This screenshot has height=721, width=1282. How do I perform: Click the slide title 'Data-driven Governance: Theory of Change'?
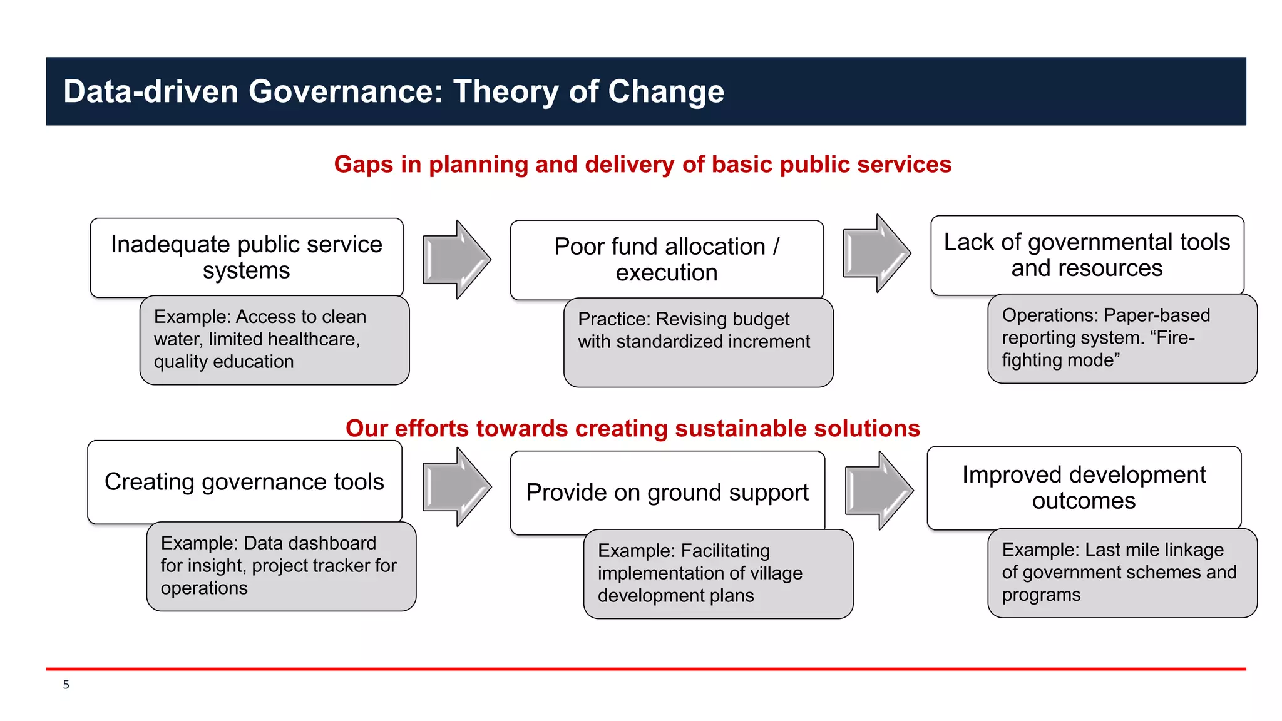coord(394,91)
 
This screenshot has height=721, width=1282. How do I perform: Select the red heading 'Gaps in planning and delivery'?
coord(642,165)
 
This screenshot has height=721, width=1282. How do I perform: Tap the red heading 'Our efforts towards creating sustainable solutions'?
coord(632,429)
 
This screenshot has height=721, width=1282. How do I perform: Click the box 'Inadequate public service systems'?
coord(247,257)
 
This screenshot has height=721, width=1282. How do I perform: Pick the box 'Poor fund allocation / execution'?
coord(667,259)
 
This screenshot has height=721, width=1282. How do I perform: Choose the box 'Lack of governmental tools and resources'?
coord(1087,255)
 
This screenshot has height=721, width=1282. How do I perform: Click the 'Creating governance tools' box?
coord(244,482)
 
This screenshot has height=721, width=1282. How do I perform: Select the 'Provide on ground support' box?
coord(667,493)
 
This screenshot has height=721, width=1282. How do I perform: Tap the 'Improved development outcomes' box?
coord(1084,487)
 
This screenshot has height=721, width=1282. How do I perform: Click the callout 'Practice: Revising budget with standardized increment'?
coord(698,342)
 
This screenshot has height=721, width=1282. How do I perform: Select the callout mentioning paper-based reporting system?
coord(1122,339)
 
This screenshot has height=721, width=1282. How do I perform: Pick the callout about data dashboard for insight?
coord(281,566)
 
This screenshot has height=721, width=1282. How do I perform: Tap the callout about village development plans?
coord(718,574)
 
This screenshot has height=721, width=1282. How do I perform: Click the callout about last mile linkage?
coord(1122,573)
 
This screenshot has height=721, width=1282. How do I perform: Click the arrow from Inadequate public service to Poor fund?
coord(456,259)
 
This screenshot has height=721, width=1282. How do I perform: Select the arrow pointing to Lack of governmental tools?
coord(876,253)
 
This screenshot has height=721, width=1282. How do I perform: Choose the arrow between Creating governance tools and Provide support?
coord(456,487)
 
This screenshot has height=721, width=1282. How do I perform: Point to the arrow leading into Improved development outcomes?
coord(878,491)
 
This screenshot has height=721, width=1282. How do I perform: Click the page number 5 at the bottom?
coord(66,685)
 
